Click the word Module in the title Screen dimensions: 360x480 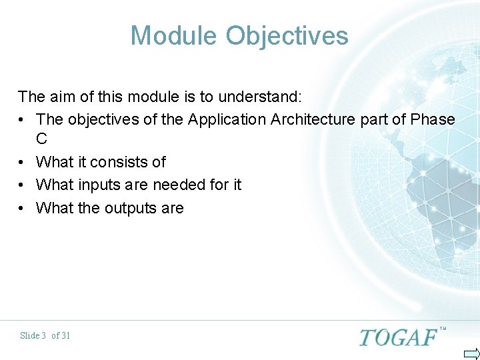tap(174, 35)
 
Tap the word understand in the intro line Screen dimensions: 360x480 tap(258, 97)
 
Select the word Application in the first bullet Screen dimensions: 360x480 tap(227, 120)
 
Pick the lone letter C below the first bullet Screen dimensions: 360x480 tap(42, 139)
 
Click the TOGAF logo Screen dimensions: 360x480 tap(398, 337)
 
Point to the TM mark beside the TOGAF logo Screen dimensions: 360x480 tap(443, 329)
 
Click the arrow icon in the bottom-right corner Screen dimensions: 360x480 tap(471, 353)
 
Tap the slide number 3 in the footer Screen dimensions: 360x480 tap(43, 335)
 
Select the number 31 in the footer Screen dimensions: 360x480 tap(65, 335)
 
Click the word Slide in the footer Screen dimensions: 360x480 tap(29, 335)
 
